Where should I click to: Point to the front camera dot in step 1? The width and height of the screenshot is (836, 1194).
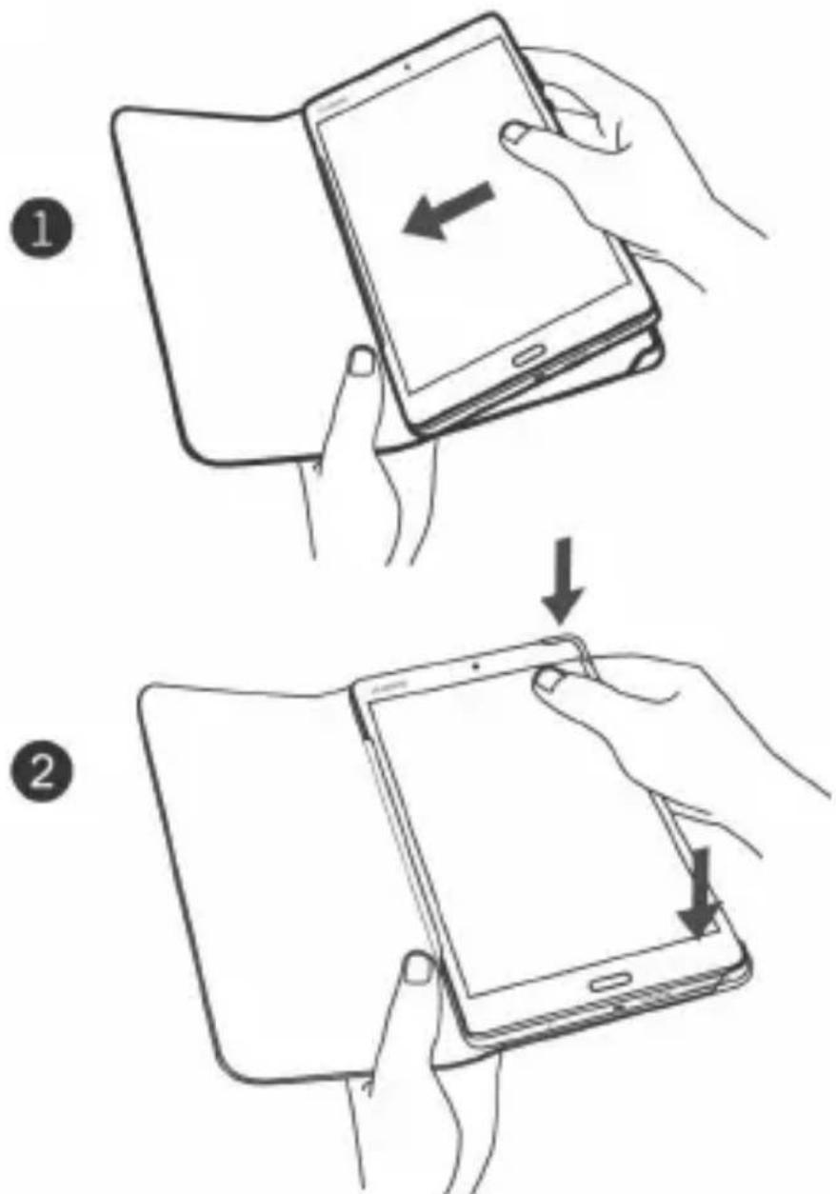click(x=407, y=69)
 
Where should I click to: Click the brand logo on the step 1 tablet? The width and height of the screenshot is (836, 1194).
click(x=332, y=109)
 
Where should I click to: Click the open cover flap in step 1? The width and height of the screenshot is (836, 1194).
click(x=219, y=276)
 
